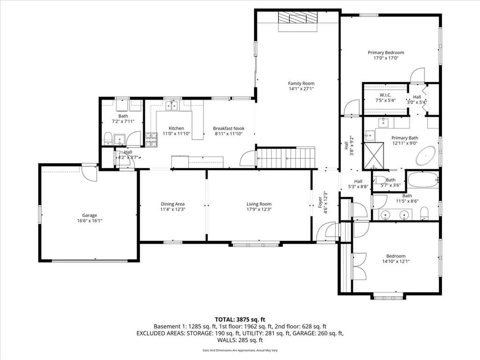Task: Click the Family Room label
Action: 301,83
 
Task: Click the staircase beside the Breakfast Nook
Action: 286,158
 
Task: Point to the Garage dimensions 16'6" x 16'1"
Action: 90,221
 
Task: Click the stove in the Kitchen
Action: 151,140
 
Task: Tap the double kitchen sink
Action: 172,106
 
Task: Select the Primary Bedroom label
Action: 386,52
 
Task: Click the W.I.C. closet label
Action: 385,95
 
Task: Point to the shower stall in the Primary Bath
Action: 374,156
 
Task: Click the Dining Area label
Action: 172,204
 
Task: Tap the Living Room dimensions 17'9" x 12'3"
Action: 259,210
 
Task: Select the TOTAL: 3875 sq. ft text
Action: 240,320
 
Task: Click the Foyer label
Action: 320,202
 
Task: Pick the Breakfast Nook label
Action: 229,128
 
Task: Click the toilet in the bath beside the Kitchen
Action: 108,138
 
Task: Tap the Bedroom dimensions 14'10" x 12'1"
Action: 396,262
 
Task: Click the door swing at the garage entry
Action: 90,173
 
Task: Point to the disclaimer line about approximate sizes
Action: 240,350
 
